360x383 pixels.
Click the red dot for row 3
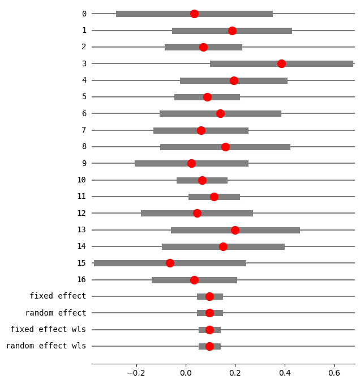point(281,63)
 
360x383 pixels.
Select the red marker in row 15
point(170,263)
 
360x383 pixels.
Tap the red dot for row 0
point(194,14)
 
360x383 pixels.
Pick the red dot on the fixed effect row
point(209,296)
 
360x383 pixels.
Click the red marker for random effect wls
point(209,346)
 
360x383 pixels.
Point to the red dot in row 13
point(235,230)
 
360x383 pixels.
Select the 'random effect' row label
point(55,313)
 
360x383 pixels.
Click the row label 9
point(84,163)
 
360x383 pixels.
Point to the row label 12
point(82,213)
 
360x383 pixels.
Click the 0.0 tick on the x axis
point(186,373)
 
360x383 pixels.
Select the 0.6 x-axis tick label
point(334,373)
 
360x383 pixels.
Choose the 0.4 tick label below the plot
point(285,373)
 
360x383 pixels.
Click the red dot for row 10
point(202,180)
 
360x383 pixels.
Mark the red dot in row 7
point(201,130)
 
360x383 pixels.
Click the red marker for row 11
point(214,197)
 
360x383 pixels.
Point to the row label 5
point(84,97)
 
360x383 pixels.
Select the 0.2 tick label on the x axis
point(235,373)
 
